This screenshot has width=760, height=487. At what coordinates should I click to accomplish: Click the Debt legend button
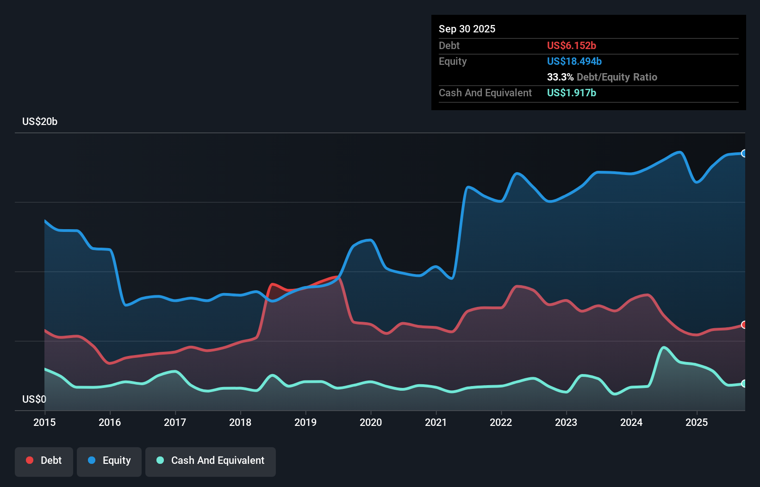44,461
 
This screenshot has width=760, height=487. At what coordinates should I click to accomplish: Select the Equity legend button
109,461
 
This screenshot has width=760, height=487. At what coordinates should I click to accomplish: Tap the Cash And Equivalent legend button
211,461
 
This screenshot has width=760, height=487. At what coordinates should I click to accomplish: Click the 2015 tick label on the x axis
44,422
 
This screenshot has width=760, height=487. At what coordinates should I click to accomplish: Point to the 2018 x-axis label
240,422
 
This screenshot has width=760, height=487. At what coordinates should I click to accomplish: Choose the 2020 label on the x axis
371,422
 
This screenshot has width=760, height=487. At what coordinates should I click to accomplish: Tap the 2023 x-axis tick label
566,422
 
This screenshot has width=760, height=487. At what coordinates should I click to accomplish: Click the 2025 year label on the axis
697,422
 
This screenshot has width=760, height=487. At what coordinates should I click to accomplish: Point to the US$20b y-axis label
40,121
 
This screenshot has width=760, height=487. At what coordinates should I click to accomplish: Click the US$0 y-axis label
34,399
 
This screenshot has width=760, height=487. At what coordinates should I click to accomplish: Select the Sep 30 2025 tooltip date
467,29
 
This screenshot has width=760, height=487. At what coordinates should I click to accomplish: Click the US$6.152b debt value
571,45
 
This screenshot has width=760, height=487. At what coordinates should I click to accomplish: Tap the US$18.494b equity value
574,61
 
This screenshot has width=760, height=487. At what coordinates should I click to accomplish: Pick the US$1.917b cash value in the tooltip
571,93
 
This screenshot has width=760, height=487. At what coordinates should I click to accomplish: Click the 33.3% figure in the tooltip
560,77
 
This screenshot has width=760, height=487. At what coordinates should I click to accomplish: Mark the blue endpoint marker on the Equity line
744,153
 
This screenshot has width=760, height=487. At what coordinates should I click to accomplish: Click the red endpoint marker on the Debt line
744,325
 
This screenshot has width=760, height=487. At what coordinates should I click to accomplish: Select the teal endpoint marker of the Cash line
744,383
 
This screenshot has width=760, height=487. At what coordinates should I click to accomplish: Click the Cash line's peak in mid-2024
664,347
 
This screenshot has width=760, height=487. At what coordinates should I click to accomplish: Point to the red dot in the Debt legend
30,460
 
